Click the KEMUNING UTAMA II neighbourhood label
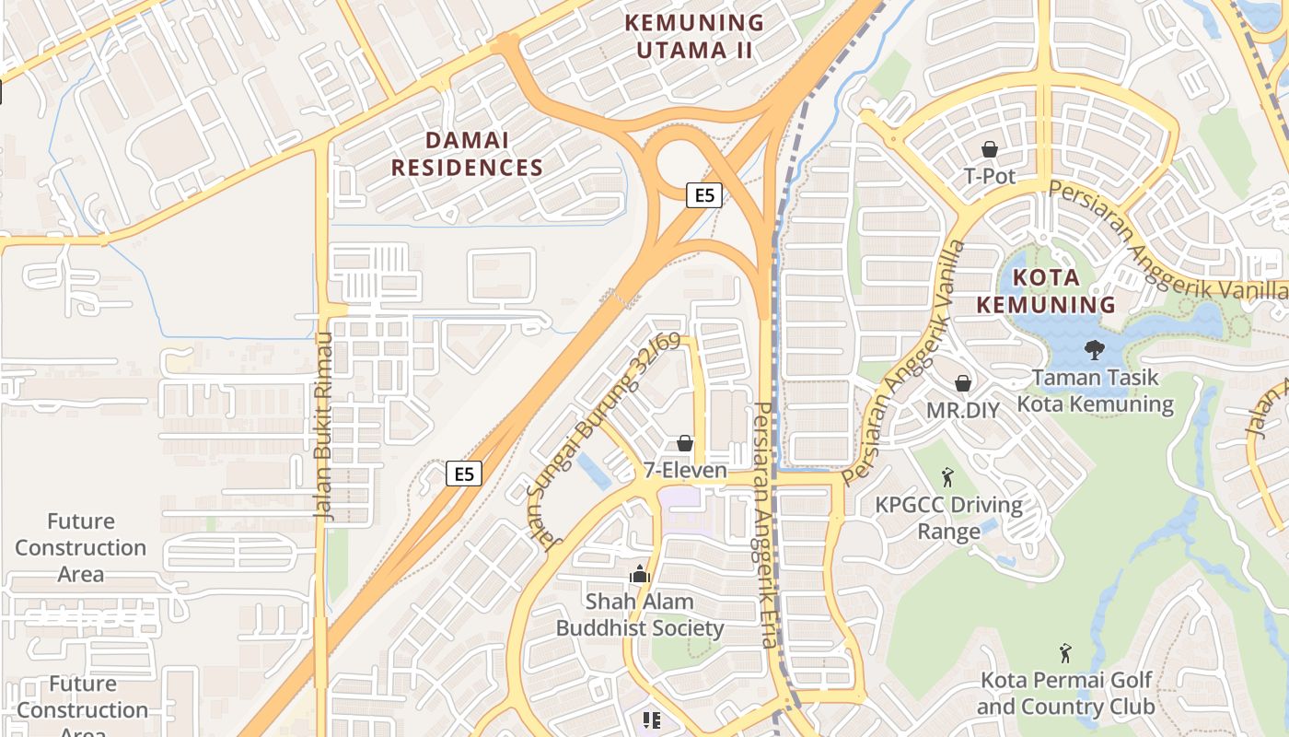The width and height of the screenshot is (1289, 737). click(695, 36)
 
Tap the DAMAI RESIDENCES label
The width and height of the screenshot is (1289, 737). click(467, 154)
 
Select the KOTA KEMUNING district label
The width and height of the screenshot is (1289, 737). click(1045, 291)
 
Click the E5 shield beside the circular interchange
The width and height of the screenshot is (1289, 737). click(703, 195)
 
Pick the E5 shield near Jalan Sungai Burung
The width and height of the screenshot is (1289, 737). click(464, 474)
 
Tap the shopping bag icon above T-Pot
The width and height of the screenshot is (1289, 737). click(990, 149)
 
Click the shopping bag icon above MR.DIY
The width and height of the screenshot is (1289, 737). click(962, 383)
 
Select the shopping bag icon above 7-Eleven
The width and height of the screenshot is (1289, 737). click(685, 444)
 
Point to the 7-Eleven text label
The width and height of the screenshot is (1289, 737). click(685, 471)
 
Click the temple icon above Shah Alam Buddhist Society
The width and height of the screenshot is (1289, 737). click(640, 575)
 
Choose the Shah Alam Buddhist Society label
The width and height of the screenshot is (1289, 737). click(640, 615)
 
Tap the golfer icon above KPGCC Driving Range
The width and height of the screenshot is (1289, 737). click(947, 477)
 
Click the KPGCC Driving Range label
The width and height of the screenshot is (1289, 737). click(948, 518)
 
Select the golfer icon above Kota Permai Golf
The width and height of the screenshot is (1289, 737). click(1065, 653)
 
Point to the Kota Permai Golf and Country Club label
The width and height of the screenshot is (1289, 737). click(1065, 694)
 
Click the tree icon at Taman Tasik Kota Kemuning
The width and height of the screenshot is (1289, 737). click(1095, 350)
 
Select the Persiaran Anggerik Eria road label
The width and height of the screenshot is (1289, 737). click(764, 525)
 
